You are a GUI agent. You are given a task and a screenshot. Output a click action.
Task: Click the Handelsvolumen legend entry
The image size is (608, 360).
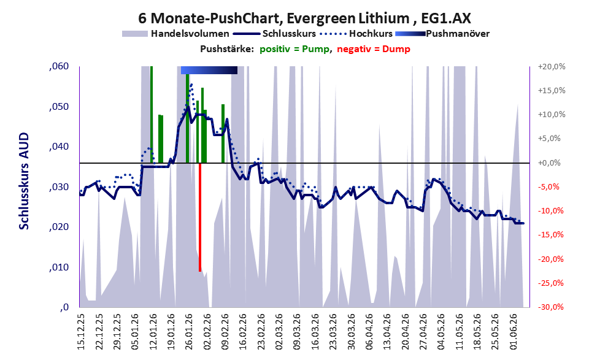coord(175,34)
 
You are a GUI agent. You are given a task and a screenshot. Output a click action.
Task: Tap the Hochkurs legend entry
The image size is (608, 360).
coord(356,34)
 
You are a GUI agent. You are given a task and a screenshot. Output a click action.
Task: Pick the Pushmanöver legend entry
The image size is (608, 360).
coord(442,34)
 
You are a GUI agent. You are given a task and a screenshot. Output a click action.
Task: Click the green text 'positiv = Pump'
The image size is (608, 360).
coord(294,49)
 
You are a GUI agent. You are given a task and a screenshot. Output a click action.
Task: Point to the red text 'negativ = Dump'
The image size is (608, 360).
coord(374,49)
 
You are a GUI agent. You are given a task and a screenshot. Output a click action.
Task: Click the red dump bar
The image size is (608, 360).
coord(199,217)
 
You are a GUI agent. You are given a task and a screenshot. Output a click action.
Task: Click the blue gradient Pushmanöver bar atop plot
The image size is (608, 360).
coord(209,70)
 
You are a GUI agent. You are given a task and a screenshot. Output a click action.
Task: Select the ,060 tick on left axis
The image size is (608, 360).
coord(59,66)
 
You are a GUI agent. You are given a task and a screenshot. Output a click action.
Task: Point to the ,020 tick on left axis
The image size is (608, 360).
coord(59,227)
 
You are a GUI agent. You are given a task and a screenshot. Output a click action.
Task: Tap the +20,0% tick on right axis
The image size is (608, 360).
coord(552,67)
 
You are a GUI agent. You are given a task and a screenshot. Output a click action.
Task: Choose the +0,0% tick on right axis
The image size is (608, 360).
coord(550,163)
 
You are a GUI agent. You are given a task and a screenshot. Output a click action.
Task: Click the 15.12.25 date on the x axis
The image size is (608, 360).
coord(81,332)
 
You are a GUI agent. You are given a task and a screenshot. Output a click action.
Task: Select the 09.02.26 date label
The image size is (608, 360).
coord(225,332)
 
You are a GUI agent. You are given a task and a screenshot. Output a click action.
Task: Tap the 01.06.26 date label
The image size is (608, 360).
coord(514,332)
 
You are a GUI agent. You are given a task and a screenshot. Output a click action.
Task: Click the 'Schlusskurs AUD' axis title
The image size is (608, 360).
coord(24,181)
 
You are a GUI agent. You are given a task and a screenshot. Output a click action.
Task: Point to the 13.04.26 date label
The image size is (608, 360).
coord(387,332)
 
